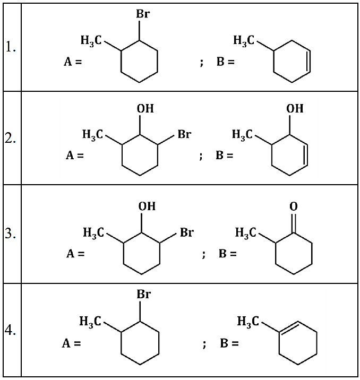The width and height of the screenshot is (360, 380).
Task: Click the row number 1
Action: pyautogui.click(x=11, y=49)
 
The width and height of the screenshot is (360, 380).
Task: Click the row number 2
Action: pyautogui.click(x=11, y=140)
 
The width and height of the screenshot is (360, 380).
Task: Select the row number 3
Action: pyautogui.click(x=11, y=234)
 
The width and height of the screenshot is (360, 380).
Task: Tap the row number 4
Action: pyautogui.click(x=11, y=330)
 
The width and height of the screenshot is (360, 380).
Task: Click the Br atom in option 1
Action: pyautogui.click(x=142, y=14)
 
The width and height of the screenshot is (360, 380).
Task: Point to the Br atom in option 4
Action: pyautogui.click(x=143, y=294)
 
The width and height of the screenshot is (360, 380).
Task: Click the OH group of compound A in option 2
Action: pyautogui.click(x=145, y=108)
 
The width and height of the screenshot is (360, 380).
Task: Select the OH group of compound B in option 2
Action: pyautogui.click(x=295, y=108)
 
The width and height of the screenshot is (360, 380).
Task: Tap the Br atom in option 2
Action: pyautogui.click(x=184, y=134)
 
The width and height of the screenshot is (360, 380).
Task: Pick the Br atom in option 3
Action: pyautogui.click(x=186, y=232)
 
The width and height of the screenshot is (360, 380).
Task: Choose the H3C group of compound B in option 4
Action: pyautogui.click(x=248, y=321)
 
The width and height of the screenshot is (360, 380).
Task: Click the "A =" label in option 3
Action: pyautogui.click(x=75, y=254)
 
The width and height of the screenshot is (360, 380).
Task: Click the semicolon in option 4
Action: pyautogui.click(x=204, y=344)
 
